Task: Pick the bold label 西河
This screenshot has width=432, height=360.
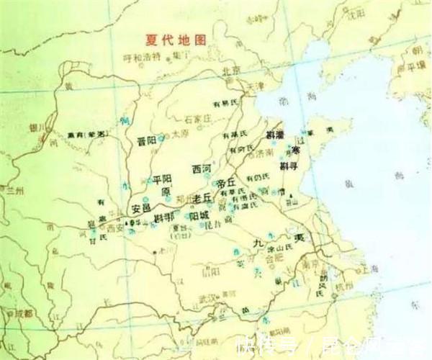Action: coord(202,168)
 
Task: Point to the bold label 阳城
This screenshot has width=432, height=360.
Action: coord(199,215)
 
